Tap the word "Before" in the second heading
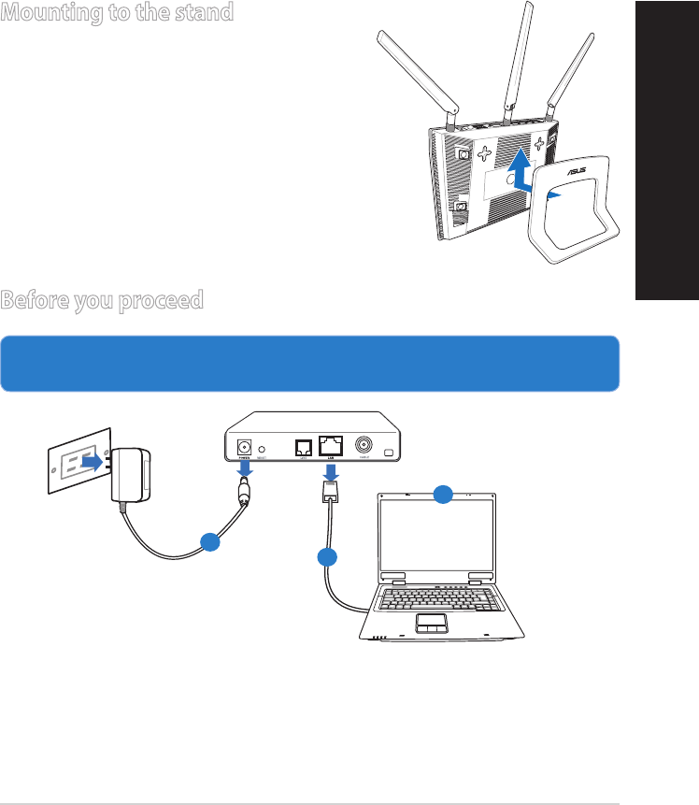pyautogui.click(x=35, y=301)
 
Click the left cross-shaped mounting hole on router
pyautogui.click(x=485, y=150)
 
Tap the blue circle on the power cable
pyautogui.click(x=210, y=541)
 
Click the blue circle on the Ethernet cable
pyautogui.click(x=327, y=557)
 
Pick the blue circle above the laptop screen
pyautogui.click(x=444, y=495)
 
